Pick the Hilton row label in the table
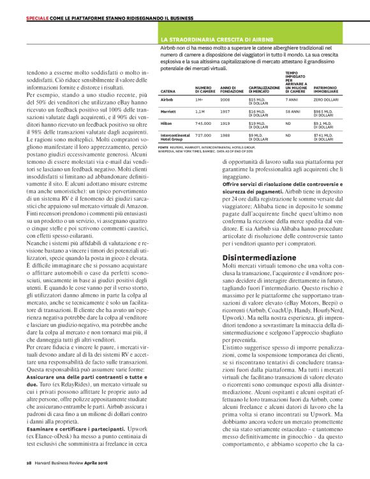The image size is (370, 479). click(x=165, y=122)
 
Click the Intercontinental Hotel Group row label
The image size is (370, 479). click(x=175, y=136)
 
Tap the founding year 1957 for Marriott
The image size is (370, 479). click(x=225, y=111)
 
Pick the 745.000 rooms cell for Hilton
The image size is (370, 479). click(x=203, y=122)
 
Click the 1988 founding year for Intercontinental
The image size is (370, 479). click(x=225, y=134)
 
